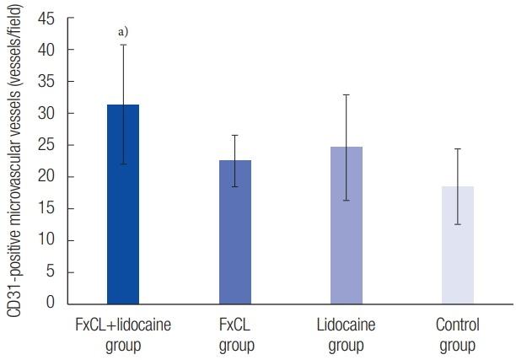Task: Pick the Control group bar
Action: tap(458, 244)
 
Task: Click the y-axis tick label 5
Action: tap(53, 271)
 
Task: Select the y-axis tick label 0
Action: tap(53, 302)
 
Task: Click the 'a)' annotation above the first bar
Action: tap(123, 32)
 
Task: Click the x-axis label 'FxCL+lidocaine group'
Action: tap(123, 335)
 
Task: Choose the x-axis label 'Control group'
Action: tap(458, 335)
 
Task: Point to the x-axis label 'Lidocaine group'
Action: tap(347, 335)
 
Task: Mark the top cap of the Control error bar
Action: tap(458, 149)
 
